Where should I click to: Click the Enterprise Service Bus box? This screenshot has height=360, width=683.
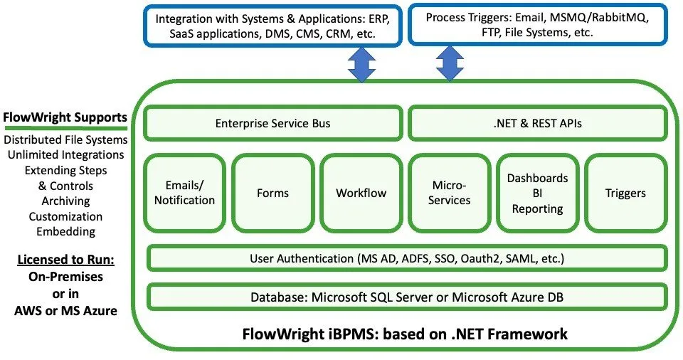(x=273, y=124)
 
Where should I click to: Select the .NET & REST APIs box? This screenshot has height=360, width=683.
(x=539, y=124)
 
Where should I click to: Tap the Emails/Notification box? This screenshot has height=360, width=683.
(x=184, y=193)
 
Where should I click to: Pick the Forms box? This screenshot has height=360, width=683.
(x=272, y=193)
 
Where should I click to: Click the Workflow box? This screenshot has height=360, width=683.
(x=361, y=193)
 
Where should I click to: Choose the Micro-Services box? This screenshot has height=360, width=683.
(x=450, y=193)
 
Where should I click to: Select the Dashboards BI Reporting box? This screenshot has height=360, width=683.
(x=538, y=193)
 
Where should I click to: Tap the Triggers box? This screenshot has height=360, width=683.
(x=625, y=193)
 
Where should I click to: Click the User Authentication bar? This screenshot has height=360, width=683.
(x=407, y=258)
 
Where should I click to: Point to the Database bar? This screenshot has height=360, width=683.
(x=407, y=297)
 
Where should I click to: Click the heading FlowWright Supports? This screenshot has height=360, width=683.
(x=65, y=117)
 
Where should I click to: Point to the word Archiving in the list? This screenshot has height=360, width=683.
(x=65, y=201)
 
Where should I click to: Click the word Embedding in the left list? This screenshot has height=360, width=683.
(x=65, y=231)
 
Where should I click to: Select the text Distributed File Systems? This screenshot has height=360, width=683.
(x=65, y=139)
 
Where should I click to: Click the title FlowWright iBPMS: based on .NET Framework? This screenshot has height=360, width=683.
(x=406, y=333)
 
